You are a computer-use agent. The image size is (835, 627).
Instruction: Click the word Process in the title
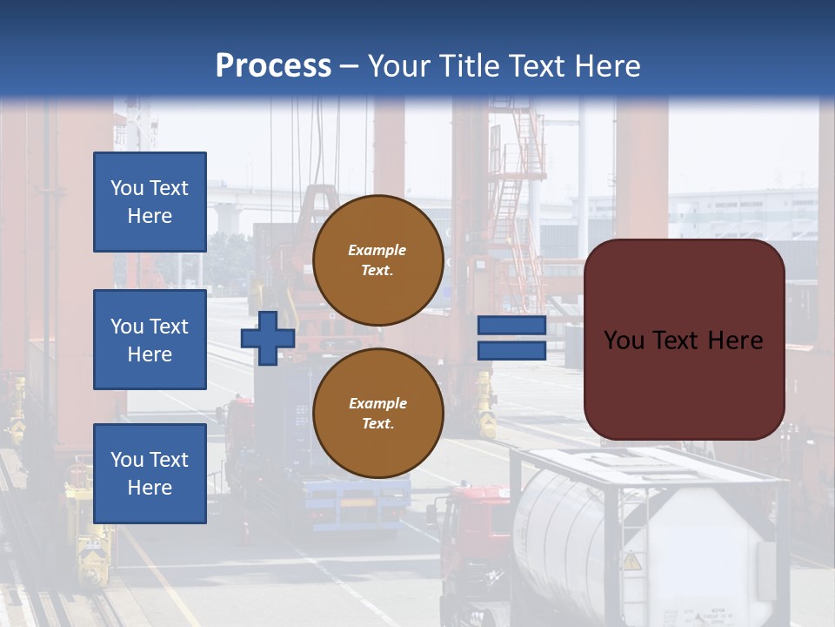coord(273,65)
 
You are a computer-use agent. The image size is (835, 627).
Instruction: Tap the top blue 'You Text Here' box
coord(150,202)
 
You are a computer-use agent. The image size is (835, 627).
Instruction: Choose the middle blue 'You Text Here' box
coord(150,340)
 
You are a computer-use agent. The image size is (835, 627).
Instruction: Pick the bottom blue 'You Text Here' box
coord(150,473)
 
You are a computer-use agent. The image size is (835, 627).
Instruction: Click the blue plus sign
coord(268,338)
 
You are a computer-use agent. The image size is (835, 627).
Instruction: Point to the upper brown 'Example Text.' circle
coord(377,260)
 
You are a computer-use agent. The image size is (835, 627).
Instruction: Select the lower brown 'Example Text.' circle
coord(377,414)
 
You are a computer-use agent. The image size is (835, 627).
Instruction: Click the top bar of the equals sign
coord(511,326)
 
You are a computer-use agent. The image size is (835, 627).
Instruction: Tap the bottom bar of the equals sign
coord(511,350)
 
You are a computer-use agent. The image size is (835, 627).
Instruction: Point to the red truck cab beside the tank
coord(474,531)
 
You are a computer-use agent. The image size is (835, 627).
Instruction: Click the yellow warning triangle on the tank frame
coord(631,561)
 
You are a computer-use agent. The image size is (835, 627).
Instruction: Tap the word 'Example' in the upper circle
coord(377,250)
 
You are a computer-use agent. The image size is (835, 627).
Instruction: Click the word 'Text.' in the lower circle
coord(377,424)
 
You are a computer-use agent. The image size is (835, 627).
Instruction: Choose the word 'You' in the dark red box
coord(624,340)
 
